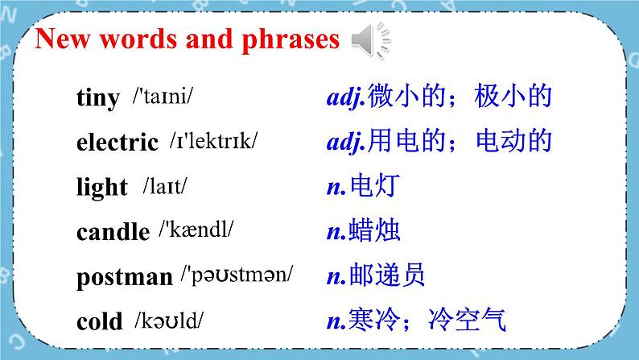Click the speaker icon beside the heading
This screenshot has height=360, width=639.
[x=371, y=40]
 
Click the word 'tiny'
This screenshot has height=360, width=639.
[x=98, y=97]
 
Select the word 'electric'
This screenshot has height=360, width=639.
[x=117, y=143]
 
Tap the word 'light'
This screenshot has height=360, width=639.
[x=102, y=187]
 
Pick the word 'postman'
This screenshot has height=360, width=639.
[x=125, y=277]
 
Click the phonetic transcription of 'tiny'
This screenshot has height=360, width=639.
[x=163, y=97]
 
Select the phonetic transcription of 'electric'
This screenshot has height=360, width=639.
[x=214, y=141]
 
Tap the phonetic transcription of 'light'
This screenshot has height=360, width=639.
[x=165, y=186]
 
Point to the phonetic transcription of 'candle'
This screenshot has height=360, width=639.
[x=196, y=230]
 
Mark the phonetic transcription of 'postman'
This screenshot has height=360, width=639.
[x=237, y=275]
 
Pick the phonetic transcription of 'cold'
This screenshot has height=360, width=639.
[x=169, y=321]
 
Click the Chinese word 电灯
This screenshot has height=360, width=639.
[x=375, y=185]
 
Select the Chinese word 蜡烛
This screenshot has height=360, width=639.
[x=374, y=230]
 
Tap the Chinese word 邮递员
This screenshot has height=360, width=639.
[x=387, y=275]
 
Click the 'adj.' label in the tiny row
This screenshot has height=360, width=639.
[x=346, y=97]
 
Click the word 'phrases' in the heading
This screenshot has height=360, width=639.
[x=291, y=40]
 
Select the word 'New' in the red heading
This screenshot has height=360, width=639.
[x=62, y=39]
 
